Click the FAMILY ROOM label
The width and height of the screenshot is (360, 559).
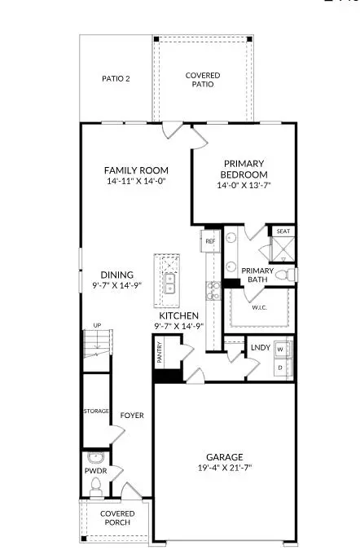135,170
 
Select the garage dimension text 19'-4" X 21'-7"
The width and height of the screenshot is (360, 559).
225,469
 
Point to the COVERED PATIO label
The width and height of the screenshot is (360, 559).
203,80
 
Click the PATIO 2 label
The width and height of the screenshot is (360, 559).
116,80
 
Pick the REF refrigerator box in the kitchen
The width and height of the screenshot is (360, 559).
209,241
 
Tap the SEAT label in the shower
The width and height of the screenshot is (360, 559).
283,231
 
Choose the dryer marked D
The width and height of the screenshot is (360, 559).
281,368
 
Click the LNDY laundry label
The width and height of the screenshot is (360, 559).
260,348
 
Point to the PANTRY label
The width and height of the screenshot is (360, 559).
160,352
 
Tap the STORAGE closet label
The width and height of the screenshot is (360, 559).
96,411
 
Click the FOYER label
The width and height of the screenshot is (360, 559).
132,416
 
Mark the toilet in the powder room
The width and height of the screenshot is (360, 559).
95,486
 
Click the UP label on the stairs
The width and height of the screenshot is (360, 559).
98,326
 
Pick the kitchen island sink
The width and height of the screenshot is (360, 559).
170,284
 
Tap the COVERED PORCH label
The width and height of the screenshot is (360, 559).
116,519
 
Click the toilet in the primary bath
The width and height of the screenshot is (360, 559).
281,275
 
